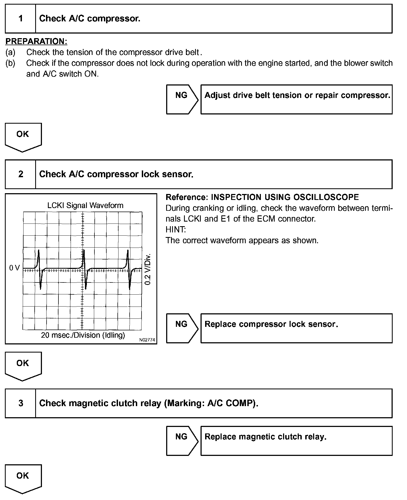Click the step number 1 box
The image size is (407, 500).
[x=21, y=19]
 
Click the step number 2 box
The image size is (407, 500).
[x=21, y=174]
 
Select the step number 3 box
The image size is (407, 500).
[x=21, y=403]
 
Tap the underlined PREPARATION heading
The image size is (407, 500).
[x=36, y=41]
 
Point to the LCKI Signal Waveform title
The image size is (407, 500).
[x=85, y=205]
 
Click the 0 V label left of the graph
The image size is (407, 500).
[x=15, y=268]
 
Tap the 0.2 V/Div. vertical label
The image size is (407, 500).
[x=148, y=269]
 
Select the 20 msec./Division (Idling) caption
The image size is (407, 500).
[x=83, y=335]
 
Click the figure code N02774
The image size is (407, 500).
[x=147, y=340]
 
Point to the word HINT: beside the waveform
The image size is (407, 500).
[x=176, y=229]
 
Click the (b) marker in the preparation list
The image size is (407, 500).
[x=10, y=63]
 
